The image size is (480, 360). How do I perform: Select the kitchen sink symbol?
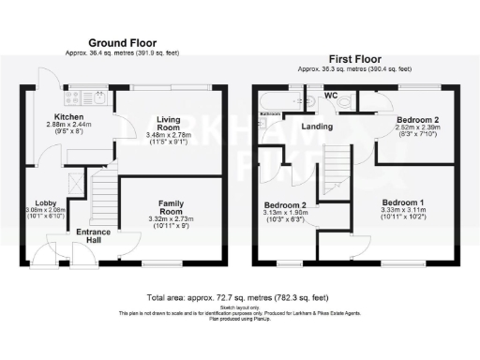[69, 94]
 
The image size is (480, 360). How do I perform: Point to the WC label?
[330, 95]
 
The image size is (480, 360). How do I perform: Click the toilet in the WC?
[344, 100]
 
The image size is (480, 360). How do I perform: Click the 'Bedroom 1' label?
[403, 202]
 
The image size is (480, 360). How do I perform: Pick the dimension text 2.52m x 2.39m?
[414, 131]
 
